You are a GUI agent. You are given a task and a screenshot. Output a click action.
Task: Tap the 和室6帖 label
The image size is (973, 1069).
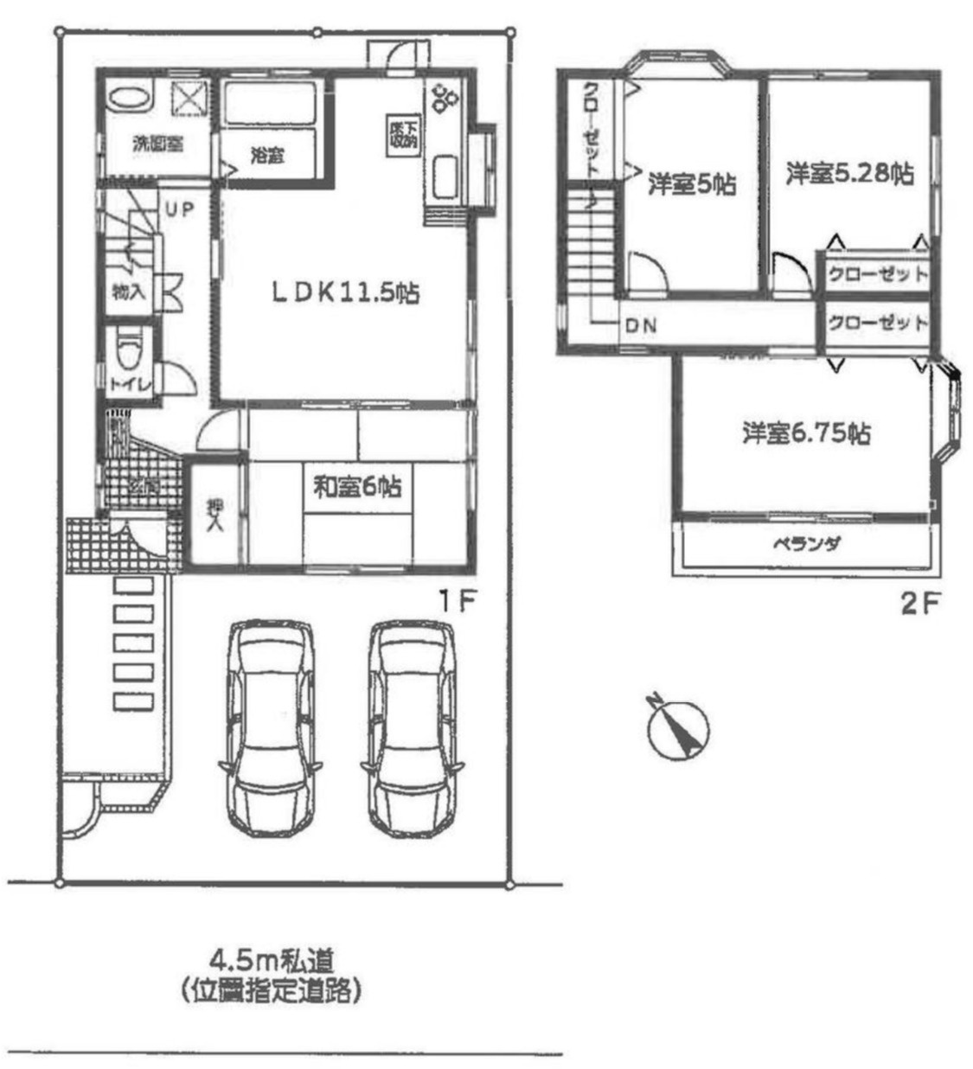[356, 487]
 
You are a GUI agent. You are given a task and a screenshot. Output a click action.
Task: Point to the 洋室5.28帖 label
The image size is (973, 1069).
[849, 173]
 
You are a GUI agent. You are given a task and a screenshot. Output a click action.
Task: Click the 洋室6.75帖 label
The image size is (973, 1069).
[806, 432]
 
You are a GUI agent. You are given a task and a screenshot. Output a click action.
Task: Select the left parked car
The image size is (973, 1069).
[269, 727]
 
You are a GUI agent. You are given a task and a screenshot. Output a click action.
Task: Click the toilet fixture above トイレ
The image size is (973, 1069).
[130, 352]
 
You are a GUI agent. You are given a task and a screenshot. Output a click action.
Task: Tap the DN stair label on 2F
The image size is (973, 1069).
[641, 326]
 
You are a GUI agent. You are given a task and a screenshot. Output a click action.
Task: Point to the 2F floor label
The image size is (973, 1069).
[919, 602]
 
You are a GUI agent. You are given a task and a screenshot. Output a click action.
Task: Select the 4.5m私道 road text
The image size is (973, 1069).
[272, 959]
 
